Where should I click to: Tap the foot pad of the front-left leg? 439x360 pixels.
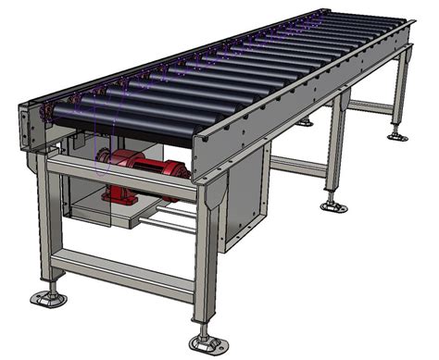tap(48, 299)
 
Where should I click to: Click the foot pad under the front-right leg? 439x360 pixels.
tap(206, 343)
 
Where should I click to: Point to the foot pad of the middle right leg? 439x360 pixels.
tap(334, 205)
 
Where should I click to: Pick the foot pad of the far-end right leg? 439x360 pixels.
tap(398, 136)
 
